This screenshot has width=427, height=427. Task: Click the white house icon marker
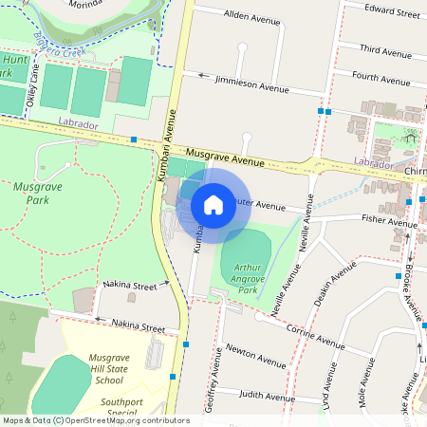pyautogui.click(x=213, y=204)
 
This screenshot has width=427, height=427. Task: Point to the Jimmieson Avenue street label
pyautogui.click(x=251, y=85)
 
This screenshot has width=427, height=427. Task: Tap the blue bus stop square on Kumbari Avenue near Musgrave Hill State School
pyautogui.click(x=187, y=343)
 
